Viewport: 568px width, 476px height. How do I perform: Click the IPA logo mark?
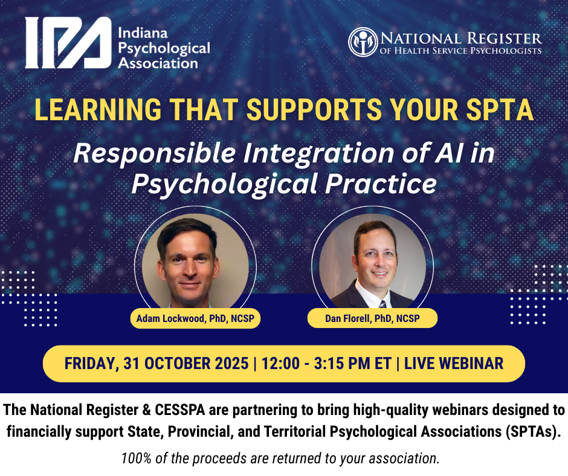tap(68, 42)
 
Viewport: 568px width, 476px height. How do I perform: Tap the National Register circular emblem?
tap(363, 42)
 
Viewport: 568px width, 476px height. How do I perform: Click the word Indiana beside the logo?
tap(143, 33)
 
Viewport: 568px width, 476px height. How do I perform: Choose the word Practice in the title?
tap(381, 184)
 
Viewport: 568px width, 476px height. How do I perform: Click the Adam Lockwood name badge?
tap(195, 318)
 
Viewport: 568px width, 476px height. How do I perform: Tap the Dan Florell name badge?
tap(372, 318)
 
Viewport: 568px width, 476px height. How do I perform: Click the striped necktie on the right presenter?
tap(382, 304)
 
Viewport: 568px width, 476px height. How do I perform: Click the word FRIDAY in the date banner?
tap(91, 363)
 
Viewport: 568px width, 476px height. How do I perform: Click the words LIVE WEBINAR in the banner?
tap(454, 363)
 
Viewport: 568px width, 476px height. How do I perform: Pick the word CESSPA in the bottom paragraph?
tap(180, 410)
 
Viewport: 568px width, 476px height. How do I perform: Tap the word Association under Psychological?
tap(158, 63)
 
